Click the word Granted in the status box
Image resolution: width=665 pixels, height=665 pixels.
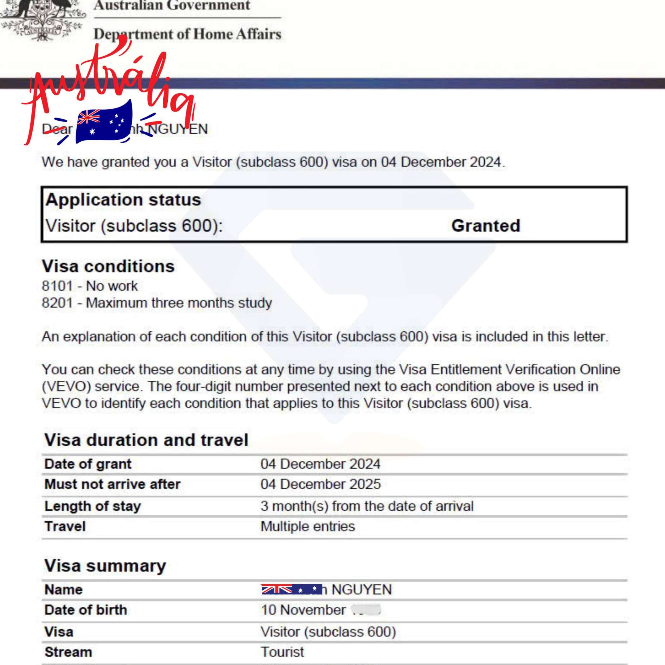485,226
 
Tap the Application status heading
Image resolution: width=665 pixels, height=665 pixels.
123,200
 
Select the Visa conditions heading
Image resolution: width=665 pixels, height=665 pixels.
108,266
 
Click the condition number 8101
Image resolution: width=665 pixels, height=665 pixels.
57,286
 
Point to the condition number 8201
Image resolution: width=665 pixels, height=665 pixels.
57,303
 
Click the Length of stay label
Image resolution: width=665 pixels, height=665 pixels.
93,506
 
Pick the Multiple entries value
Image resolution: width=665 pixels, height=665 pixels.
307,526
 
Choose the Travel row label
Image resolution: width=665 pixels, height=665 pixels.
65,526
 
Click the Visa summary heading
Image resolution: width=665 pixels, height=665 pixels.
105,565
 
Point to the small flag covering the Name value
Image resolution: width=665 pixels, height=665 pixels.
291,589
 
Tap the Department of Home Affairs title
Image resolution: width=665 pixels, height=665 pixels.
187,34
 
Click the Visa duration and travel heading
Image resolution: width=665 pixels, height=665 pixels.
146,440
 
